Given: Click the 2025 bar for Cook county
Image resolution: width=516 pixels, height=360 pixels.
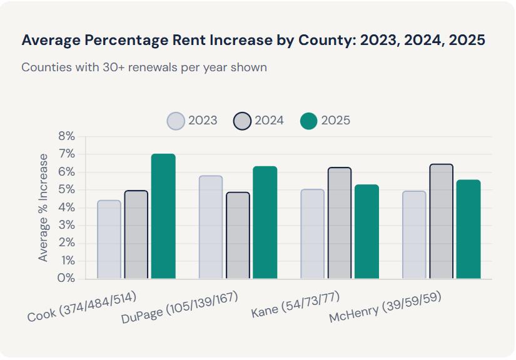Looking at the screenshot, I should pyautogui.click(x=163, y=216).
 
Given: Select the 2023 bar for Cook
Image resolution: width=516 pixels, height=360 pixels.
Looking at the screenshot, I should pyautogui.click(x=109, y=239).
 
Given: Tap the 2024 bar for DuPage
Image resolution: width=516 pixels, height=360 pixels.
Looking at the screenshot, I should pyautogui.click(x=238, y=235).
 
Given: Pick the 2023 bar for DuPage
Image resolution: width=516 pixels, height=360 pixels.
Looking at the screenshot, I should pyautogui.click(x=211, y=227).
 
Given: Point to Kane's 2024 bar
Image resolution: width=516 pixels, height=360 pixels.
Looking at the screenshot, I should pyautogui.click(x=340, y=223).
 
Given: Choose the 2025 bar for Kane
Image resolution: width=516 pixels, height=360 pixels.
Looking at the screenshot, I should pyautogui.click(x=367, y=231).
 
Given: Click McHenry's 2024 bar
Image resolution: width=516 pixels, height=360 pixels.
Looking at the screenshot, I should pyautogui.click(x=441, y=221).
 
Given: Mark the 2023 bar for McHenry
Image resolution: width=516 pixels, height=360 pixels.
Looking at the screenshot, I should pyautogui.click(x=414, y=235).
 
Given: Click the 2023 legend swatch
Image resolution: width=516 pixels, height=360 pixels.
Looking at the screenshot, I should pyautogui.click(x=176, y=121).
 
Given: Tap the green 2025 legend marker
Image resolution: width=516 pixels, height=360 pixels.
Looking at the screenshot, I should pyautogui.click(x=309, y=121).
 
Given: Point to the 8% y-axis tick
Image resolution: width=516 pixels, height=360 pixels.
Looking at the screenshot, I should pyautogui.click(x=66, y=136).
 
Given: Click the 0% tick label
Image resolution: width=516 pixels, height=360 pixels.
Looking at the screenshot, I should pyautogui.click(x=66, y=278).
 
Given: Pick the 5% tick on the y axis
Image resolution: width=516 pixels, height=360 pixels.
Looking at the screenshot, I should pyautogui.click(x=66, y=189).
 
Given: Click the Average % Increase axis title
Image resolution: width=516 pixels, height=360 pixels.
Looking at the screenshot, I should pyautogui.click(x=43, y=207).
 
